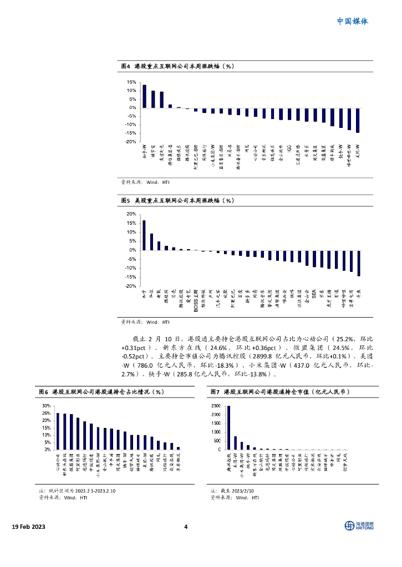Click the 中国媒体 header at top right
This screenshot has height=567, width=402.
click(x=352, y=22)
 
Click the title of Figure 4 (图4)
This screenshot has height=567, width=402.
click(x=177, y=66)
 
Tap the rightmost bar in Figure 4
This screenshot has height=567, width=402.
click(x=358, y=120)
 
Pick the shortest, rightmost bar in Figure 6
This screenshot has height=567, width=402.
click(x=178, y=448)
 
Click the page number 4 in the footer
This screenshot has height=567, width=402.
click(x=186, y=526)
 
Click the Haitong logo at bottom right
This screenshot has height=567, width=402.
click(x=359, y=525)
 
